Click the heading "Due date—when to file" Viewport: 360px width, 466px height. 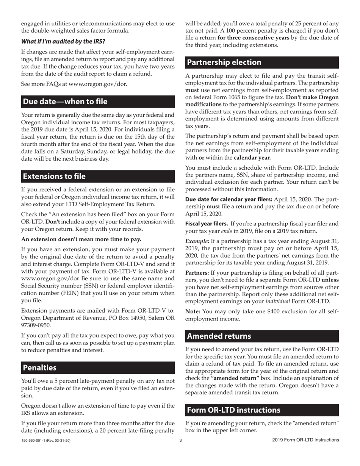point(65,102)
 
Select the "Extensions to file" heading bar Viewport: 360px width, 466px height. point(55,177)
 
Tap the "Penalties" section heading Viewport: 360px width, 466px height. point(40,368)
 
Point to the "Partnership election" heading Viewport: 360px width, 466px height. point(224,63)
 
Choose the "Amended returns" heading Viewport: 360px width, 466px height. point(219,336)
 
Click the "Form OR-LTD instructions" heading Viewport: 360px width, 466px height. point(234,410)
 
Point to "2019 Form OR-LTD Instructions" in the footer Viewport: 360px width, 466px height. point(305,440)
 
